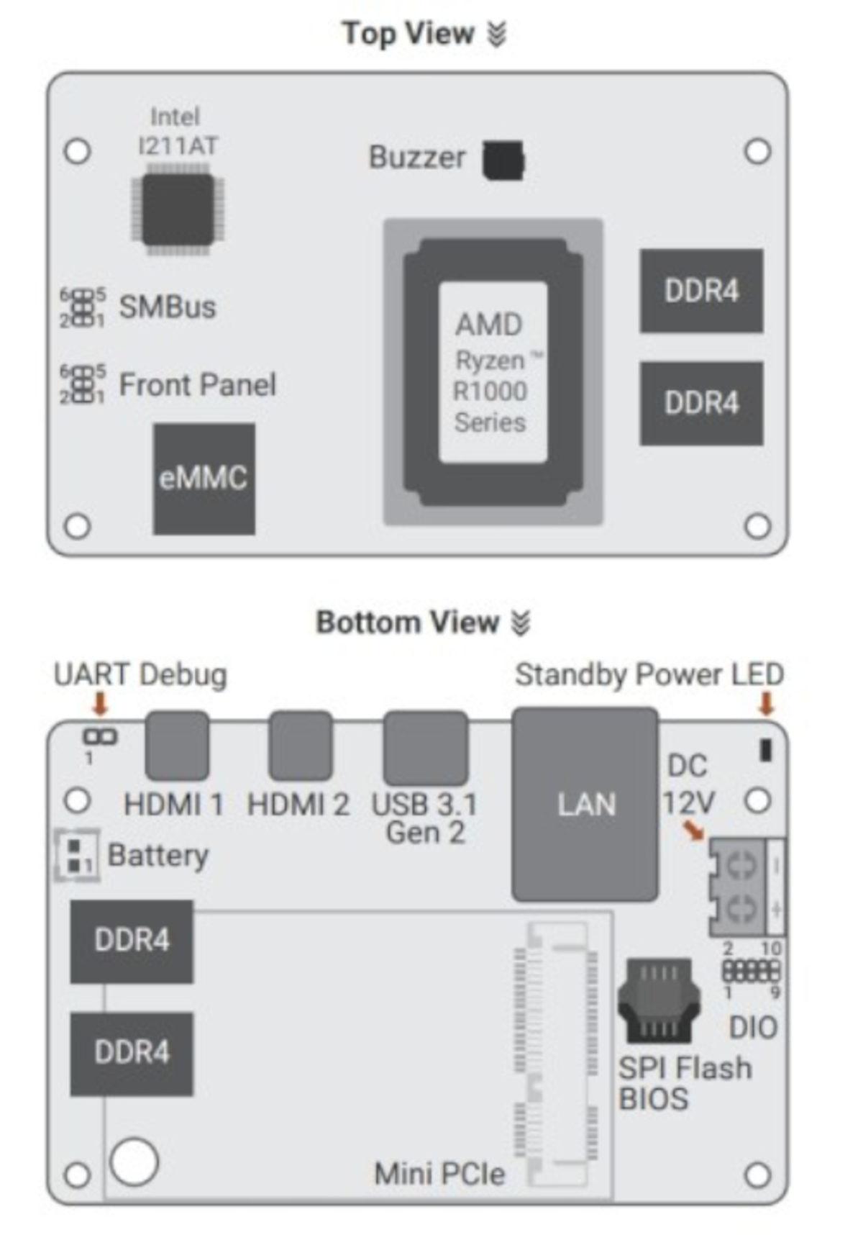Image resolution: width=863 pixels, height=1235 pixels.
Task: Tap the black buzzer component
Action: click(503, 160)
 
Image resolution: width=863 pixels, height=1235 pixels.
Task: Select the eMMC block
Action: click(204, 479)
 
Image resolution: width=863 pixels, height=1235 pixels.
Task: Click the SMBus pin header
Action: click(83, 307)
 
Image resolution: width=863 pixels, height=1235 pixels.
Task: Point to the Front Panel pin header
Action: click(83, 384)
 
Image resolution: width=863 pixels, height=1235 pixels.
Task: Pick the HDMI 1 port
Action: click(177, 746)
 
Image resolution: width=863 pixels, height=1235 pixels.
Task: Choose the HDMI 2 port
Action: click(301, 746)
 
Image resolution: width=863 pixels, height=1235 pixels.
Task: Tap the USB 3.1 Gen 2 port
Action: click(425, 748)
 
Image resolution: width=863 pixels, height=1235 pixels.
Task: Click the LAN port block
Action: click(585, 804)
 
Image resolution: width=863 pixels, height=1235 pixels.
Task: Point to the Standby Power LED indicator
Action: click(766, 750)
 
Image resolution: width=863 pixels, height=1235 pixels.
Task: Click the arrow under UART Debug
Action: click(100, 704)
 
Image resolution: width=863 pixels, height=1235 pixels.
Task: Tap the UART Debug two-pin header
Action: click(100, 737)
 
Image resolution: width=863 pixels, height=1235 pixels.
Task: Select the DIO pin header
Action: click(750, 971)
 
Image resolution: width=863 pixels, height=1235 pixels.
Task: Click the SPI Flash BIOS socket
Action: click(658, 1000)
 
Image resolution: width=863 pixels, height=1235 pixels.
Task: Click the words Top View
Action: click(408, 34)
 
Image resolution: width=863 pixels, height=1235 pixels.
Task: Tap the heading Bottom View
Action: click(408, 623)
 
